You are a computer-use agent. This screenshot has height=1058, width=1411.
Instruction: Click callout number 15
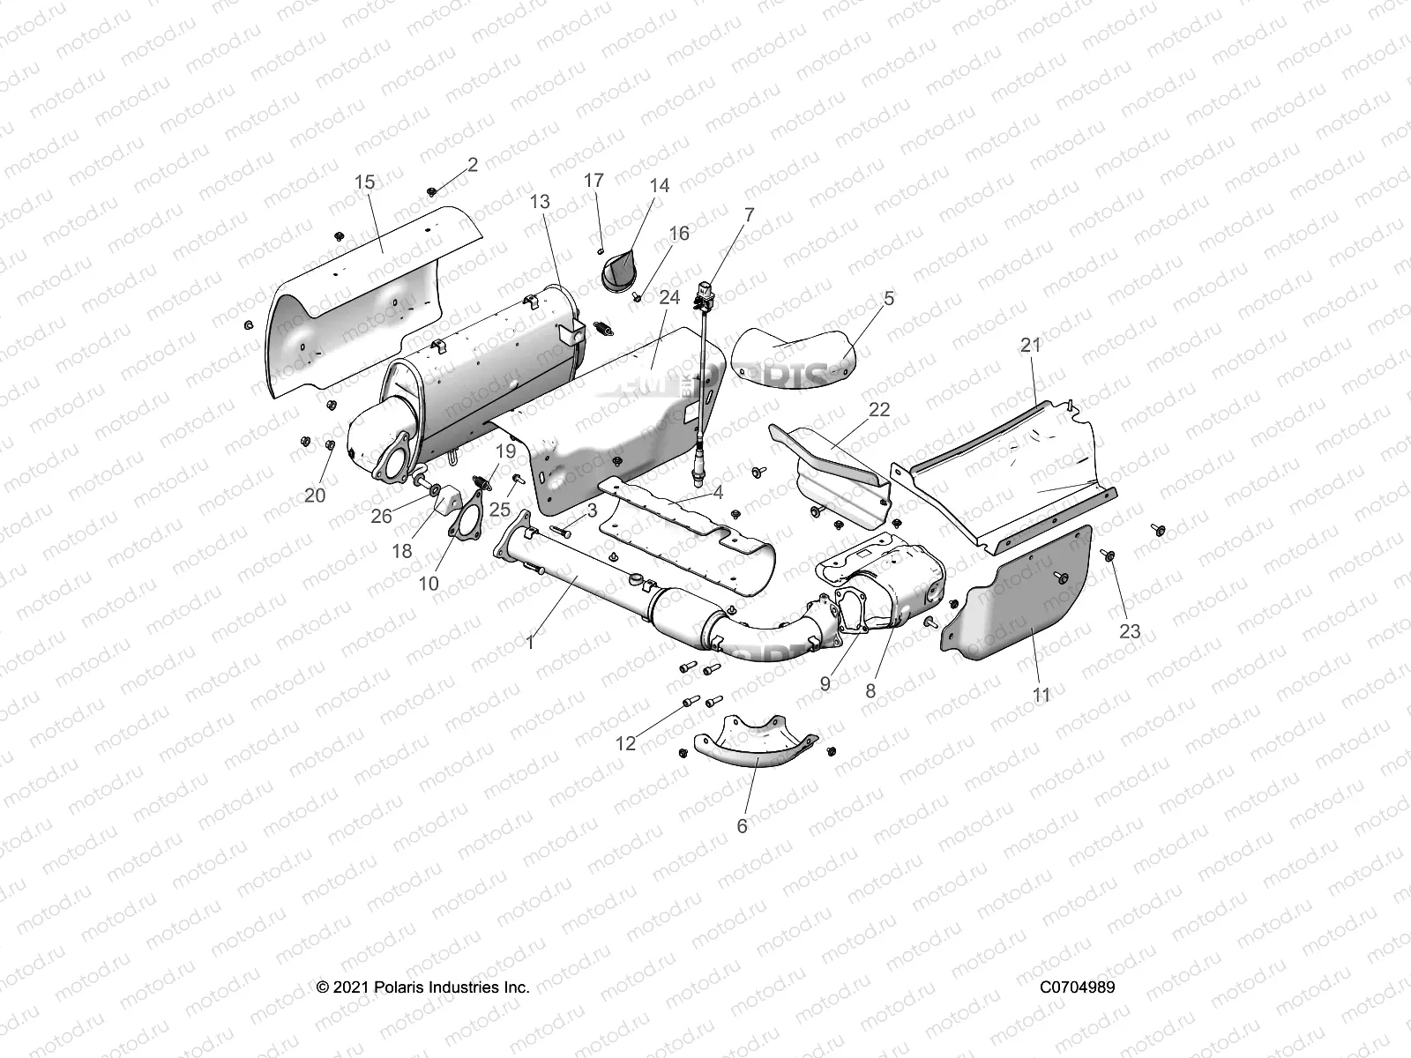pos(364,183)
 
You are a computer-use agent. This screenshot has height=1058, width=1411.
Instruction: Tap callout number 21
pos(1031,346)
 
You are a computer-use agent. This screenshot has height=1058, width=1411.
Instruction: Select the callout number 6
pos(742,826)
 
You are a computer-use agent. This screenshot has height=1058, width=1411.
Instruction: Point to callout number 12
pos(625,743)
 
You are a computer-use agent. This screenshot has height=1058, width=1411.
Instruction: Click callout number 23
pos(1130,631)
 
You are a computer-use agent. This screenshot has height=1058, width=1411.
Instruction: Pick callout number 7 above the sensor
pos(749,215)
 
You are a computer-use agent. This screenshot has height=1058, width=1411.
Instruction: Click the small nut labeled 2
pos(431,191)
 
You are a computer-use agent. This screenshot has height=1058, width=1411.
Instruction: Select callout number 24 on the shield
pos(669,298)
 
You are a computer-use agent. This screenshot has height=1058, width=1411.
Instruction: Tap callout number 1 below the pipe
pos(530,643)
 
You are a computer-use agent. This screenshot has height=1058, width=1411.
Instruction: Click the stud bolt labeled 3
pos(564,532)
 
